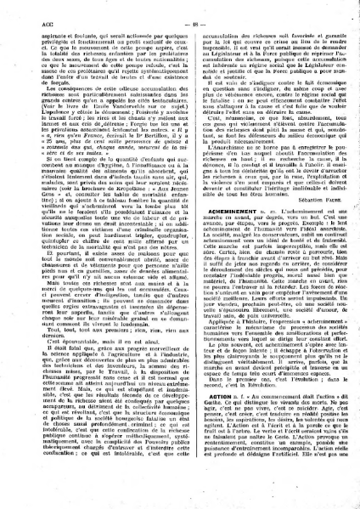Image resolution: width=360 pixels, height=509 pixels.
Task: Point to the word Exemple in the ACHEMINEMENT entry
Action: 279,233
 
